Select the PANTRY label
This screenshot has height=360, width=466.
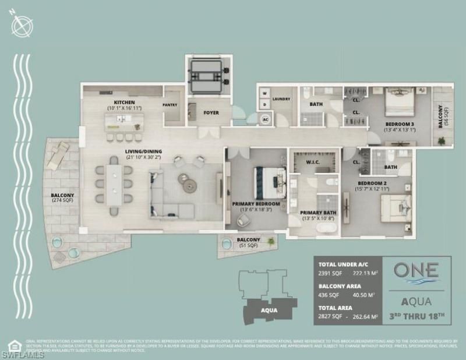[x=170, y=105]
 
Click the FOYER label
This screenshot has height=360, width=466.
[x=210, y=112]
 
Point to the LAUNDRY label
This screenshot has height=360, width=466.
[x=281, y=99]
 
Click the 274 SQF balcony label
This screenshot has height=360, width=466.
[x=62, y=199]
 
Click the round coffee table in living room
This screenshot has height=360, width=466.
[x=189, y=185]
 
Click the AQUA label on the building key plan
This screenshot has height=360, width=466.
[x=268, y=310]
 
